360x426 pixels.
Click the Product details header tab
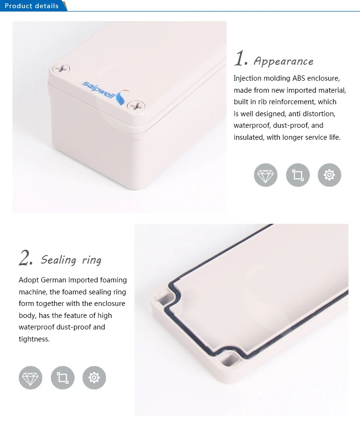point(32,6)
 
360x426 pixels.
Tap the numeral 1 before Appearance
point(240,59)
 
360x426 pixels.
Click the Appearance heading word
point(283,61)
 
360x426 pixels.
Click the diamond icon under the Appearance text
point(265,175)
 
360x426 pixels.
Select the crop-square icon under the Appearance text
point(298,175)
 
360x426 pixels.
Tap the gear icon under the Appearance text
point(329,175)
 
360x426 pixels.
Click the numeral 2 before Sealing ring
point(25,258)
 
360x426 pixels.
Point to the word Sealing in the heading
point(59,260)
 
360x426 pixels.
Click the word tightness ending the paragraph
point(34,339)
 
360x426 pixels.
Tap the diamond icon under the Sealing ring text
point(30,377)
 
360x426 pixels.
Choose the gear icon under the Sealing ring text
point(94,377)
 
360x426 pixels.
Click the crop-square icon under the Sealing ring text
point(62,377)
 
